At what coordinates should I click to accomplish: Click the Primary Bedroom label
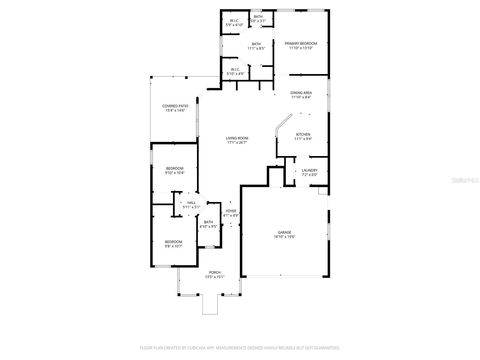(x=301, y=43)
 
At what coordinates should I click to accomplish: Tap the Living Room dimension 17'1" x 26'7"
(x=237, y=143)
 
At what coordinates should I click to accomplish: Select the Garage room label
(x=284, y=232)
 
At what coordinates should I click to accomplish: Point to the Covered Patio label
(x=175, y=106)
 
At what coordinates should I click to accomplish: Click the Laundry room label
(x=310, y=170)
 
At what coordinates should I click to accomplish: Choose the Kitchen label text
(x=303, y=134)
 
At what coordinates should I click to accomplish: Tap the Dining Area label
(x=301, y=93)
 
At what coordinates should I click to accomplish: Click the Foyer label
(x=231, y=211)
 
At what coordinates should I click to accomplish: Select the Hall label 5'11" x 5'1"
(x=191, y=207)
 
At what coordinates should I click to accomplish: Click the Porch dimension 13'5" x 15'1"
(x=215, y=277)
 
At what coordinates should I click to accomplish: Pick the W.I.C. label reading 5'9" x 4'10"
(x=234, y=25)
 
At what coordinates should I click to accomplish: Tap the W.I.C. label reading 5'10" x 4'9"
(x=235, y=74)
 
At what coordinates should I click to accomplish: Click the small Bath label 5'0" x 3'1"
(x=258, y=21)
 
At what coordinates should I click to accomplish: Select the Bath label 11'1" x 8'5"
(x=256, y=48)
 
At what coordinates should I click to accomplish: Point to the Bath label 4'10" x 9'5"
(x=208, y=226)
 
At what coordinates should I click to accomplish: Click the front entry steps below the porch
(x=210, y=304)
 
